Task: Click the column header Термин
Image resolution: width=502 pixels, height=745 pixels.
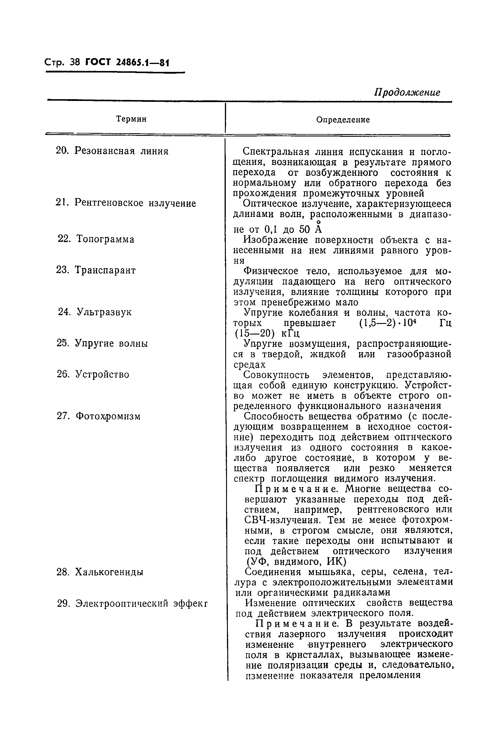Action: tap(131, 119)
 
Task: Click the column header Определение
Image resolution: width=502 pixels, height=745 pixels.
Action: tap(343, 120)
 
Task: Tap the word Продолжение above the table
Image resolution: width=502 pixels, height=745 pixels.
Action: tap(407, 92)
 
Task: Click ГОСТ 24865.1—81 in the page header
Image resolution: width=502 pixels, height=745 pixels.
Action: tap(127, 62)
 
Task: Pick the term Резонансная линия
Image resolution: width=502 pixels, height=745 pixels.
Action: tap(121, 151)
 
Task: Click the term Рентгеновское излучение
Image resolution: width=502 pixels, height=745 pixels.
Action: tap(135, 203)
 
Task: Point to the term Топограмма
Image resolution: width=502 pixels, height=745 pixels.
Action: tap(105, 239)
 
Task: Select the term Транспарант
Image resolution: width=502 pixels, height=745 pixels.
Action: tap(105, 270)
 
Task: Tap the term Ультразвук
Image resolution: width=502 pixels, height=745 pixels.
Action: tap(104, 312)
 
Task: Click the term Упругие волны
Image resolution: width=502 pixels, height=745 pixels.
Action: tap(111, 344)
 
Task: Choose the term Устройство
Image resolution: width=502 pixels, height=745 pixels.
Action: tap(102, 374)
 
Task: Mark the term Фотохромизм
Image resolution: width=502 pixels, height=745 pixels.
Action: tap(108, 416)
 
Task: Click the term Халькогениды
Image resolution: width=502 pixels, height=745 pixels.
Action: tap(109, 572)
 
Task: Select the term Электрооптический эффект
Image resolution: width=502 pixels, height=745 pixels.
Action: tap(142, 604)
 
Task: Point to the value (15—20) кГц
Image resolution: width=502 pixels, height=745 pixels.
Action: tap(267, 333)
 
